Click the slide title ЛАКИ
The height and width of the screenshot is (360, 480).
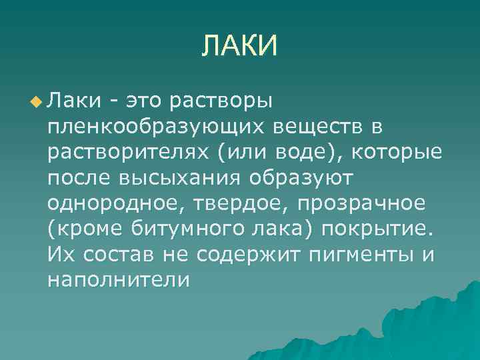pos(239,46)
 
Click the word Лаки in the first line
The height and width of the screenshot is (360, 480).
pos(74,101)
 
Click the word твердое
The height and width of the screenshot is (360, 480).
pos(223,204)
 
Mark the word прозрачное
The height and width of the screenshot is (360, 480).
pos(353,204)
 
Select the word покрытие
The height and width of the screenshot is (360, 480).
pos(377,230)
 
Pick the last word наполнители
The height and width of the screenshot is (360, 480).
pos(119,281)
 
